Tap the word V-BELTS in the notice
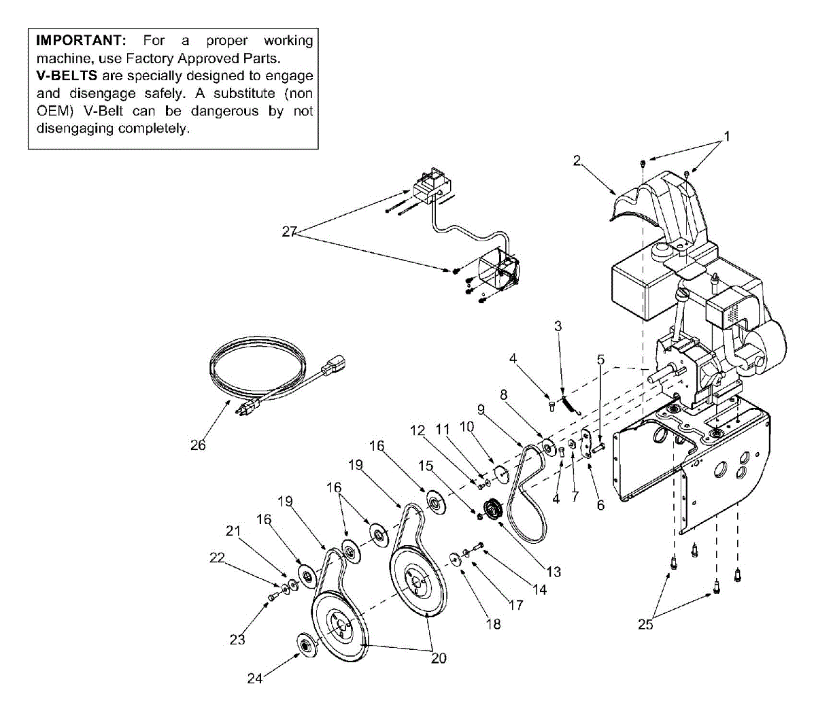67,76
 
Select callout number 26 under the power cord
198,445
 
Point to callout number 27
290,232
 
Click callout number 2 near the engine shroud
577,160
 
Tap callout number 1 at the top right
726,137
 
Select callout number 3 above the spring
558,326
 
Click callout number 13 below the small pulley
554,572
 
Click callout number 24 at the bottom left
254,678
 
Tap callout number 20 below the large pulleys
439,658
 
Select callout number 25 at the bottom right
645,623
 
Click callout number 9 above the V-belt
481,409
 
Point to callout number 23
237,639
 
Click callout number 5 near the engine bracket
600,359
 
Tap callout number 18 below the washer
493,623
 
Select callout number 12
418,430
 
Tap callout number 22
216,557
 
